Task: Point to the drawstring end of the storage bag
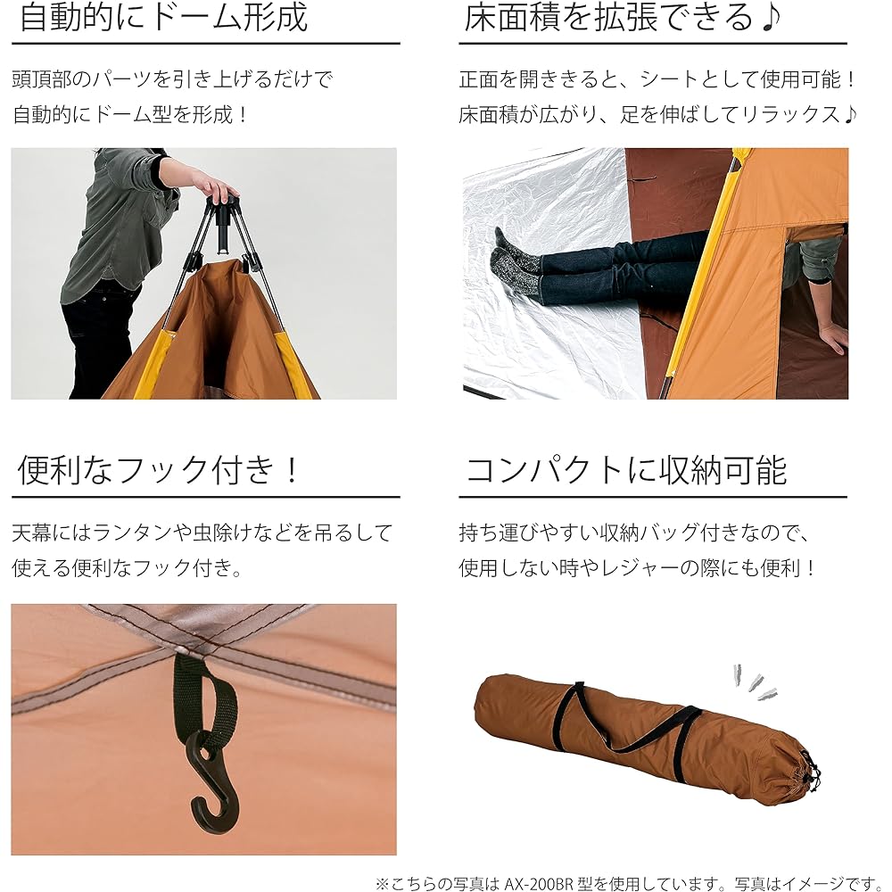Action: (808, 772)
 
